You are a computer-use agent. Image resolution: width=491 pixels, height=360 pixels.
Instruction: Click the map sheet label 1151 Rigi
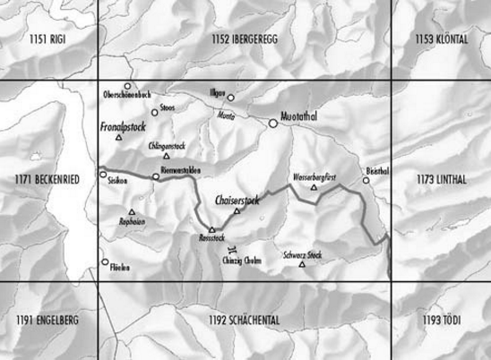click(x=47, y=39)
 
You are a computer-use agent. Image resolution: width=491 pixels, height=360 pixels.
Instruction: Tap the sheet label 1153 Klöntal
click(x=441, y=39)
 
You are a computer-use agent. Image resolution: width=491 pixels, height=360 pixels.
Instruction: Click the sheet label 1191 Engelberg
click(x=47, y=320)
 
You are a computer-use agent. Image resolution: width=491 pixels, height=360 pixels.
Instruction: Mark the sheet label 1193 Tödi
click(x=441, y=320)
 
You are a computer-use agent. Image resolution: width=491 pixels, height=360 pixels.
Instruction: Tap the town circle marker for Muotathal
click(x=274, y=124)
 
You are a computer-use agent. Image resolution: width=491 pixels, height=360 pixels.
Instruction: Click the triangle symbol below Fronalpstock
click(x=118, y=138)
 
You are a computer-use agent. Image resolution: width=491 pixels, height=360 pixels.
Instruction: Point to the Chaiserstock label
click(x=237, y=201)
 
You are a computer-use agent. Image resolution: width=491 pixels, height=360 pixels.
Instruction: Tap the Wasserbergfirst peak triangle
click(x=313, y=188)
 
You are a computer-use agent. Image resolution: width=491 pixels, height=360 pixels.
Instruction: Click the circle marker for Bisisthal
click(x=366, y=181)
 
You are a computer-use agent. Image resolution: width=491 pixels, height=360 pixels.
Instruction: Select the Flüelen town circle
click(x=103, y=262)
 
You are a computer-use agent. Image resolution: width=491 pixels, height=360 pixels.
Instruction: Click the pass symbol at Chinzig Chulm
click(x=232, y=248)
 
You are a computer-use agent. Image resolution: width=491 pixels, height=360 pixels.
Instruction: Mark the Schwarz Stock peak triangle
click(x=302, y=264)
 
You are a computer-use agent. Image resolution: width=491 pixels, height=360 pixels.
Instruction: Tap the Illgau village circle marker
click(x=230, y=98)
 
